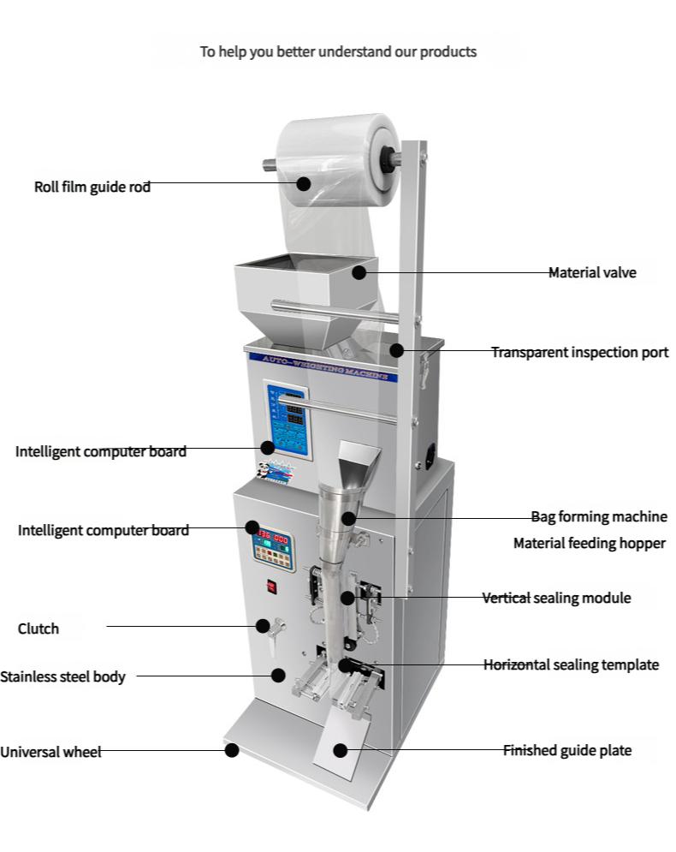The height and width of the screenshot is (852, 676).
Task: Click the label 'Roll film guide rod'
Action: (x=92, y=187)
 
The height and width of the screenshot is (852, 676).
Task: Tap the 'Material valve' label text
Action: (x=592, y=273)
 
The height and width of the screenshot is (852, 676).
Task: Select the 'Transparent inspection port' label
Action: (x=579, y=352)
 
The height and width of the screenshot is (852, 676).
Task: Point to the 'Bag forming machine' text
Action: (x=599, y=516)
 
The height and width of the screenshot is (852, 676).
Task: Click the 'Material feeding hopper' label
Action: (x=589, y=543)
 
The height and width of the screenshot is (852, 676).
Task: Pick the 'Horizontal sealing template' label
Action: (x=571, y=664)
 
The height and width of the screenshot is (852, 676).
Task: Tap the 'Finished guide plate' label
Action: (x=566, y=750)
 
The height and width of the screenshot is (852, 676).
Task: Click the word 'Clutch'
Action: (x=39, y=629)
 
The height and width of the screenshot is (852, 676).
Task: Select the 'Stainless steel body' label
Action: (x=62, y=676)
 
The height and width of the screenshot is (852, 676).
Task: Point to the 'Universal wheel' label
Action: (x=50, y=752)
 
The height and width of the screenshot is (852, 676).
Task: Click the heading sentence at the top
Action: (x=338, y=51)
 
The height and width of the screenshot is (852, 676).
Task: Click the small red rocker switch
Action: (x=271, y=587)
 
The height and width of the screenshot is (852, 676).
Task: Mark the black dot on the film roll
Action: (x=305, y=183)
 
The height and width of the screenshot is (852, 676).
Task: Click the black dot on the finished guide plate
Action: (x=341, y=751)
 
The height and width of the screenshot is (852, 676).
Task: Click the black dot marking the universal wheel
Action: (x=231, y=750)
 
